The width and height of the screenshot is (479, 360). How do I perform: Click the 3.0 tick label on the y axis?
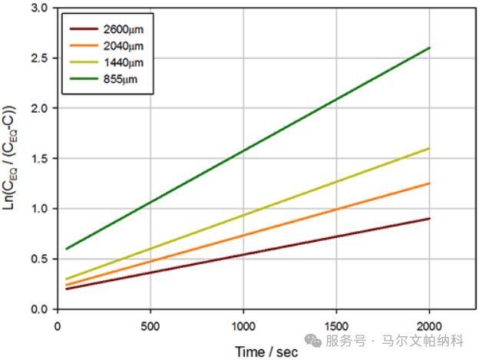pyautogui.click(x=39, y=8)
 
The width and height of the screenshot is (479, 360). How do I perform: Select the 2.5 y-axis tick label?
pyautogui.click(x=39, y=58)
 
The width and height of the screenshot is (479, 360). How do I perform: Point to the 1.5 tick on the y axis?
pyautogui.click(x=39, y=159)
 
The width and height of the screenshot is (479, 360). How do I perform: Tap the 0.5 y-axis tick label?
pyautogui.click(x=39, y=259)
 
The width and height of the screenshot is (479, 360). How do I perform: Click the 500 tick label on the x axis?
pyautogui.click(x=150, y=325)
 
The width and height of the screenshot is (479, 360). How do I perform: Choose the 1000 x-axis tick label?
pyautogui.click(x=243, y=325)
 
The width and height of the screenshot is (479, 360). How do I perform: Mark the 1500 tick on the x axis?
pyautogui.click(x=336, y=325)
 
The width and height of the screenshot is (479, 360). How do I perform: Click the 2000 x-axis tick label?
pyautogui.click(x=429, y=325)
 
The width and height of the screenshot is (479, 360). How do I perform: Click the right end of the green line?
pyautogui.click(x=430, y=48)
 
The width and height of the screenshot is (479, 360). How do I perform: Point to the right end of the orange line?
pyautogui.click(x=430, y=183)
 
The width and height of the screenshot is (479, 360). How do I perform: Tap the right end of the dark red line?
pyautogui.click(x=430, y=219)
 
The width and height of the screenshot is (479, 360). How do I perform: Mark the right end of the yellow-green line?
pyautogui.click(x=430, y=148)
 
